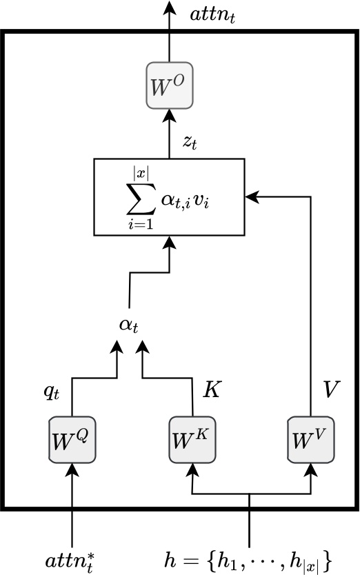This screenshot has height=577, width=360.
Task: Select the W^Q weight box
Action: click(x=72, y=440)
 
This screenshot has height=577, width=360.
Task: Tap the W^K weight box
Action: click(x=190, y=440)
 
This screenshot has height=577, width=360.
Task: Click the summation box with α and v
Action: click(x=170, y=196)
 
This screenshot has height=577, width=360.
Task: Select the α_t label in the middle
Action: click(x=129, y=324)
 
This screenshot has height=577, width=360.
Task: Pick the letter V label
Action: click(x=331, y=389)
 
